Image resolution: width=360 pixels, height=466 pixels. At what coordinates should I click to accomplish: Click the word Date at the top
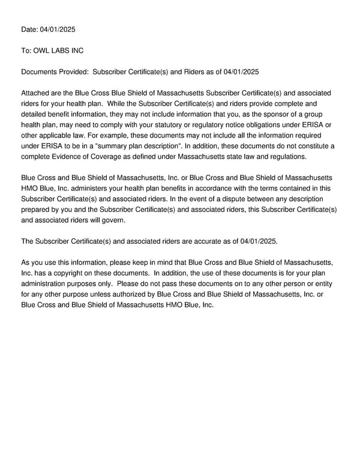coord(29,29)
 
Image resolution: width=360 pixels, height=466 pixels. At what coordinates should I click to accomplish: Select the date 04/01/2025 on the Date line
coord(58,29)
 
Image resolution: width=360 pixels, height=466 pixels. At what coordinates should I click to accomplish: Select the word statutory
coord(196,124)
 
